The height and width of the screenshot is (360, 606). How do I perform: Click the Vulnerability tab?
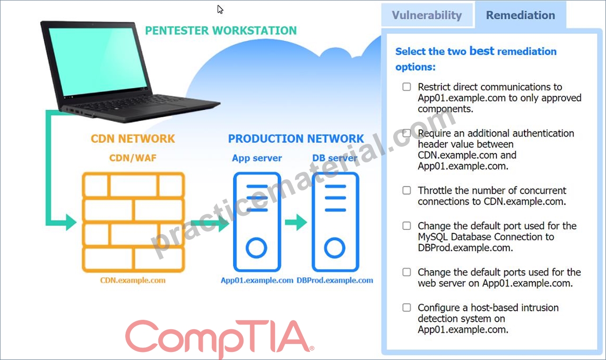tap(427, 15)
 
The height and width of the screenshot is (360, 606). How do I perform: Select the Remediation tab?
tap(520, 15)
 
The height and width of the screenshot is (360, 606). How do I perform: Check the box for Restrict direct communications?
tap(407, 87)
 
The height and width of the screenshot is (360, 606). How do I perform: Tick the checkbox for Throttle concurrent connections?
tap(407, 190)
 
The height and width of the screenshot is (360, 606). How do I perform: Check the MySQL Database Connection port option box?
tap(407, 226)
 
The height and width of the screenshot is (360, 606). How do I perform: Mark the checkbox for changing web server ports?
tap(407, 272)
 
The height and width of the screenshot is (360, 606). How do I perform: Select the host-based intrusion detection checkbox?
tap(407, 307)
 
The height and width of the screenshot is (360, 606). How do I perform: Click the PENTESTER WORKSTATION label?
tap(221, 31)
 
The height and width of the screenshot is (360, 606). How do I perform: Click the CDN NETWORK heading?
tap(132, 139)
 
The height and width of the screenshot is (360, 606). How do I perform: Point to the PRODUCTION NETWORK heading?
tap(296, 139)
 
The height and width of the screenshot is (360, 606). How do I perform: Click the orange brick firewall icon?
tap(133, 222)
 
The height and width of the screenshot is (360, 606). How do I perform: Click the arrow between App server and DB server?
tap(296, 222)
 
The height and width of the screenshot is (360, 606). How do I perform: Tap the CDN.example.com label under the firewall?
tap(132, 280)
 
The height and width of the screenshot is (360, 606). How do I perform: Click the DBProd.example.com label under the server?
tap(335, 280)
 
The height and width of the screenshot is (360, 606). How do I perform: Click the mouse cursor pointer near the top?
tap(220, 9)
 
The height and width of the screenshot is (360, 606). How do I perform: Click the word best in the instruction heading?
tap(482, 51)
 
